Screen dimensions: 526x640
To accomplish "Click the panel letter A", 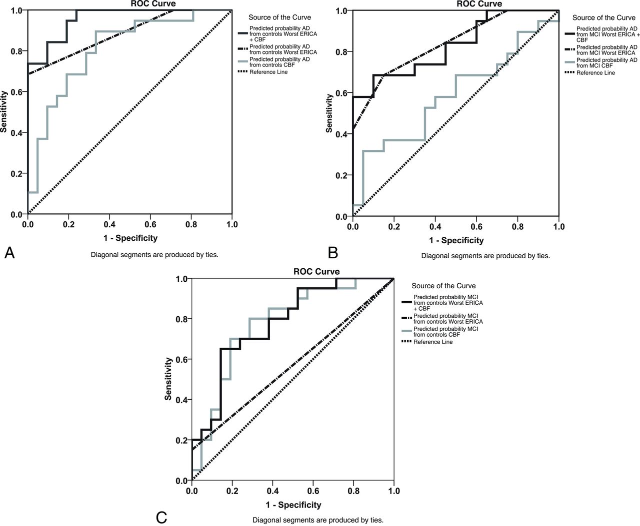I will click(x=9, y=253).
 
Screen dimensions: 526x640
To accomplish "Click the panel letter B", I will click(x=333, y=253).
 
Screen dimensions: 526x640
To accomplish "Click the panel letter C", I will click(x=161, y=517).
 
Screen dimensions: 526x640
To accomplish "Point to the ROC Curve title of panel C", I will click(x=316, y=272).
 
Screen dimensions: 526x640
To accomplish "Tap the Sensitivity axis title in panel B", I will click(x=329, y=113).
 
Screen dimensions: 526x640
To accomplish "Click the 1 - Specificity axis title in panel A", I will click(x=130, y=238).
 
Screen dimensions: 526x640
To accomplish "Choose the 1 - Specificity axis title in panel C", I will click(x=293, y=505).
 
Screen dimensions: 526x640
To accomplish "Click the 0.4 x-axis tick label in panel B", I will click(x=435, y=226).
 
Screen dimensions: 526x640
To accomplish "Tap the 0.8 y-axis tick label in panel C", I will click(x=181, y=319).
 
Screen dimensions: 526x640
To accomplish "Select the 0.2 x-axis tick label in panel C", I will click(x=232, y=491).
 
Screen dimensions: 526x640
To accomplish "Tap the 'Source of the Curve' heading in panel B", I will click(x=604, y=17).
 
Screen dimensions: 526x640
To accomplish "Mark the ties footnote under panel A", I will click(x=154, y=255).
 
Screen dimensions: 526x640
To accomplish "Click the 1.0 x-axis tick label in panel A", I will click(x=231, y=225).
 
